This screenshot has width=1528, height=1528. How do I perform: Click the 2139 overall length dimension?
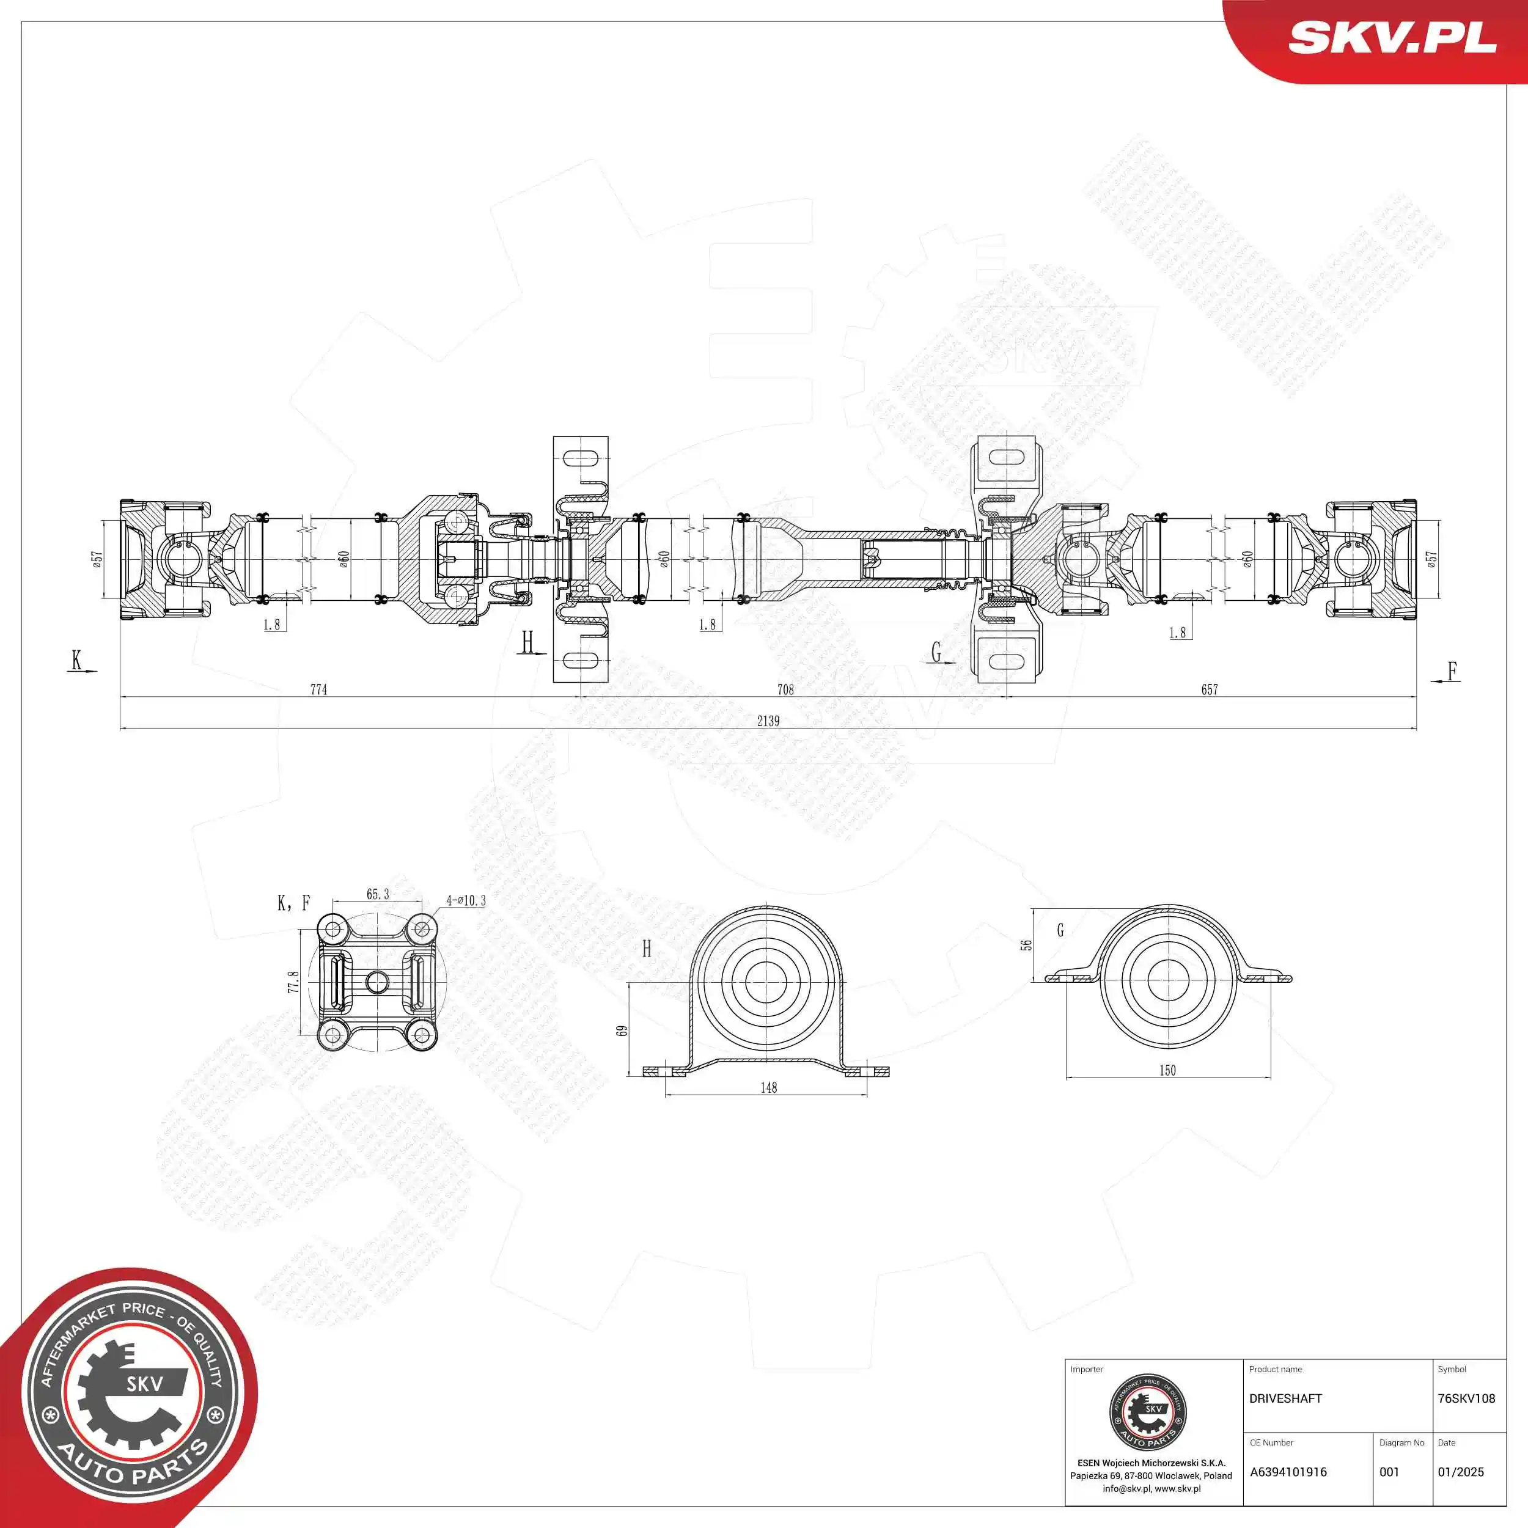click(x=767, y=721)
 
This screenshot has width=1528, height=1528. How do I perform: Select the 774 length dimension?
click(x=318, y=689)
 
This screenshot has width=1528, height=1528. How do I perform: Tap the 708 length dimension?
click(x=785, y=689)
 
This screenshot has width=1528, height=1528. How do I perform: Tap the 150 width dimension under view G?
click(x=1167, y=1071)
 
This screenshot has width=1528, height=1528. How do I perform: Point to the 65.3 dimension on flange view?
click(x=377, y=895)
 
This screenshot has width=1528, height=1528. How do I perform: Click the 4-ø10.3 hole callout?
click(x=466, y=901)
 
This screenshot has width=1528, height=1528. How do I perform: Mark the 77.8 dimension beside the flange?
click(x=293, y=982)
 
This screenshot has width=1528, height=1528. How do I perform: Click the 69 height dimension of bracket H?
click(x=622, y=1030)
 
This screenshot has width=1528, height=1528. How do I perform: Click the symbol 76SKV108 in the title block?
click(x=1466, y=1398)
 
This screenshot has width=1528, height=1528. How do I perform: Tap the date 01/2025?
click(x=1460, y=1472)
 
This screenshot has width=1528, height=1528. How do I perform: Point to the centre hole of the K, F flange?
click(x=376, y=982)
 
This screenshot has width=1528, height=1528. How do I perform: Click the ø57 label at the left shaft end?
click(x=97, y=559)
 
